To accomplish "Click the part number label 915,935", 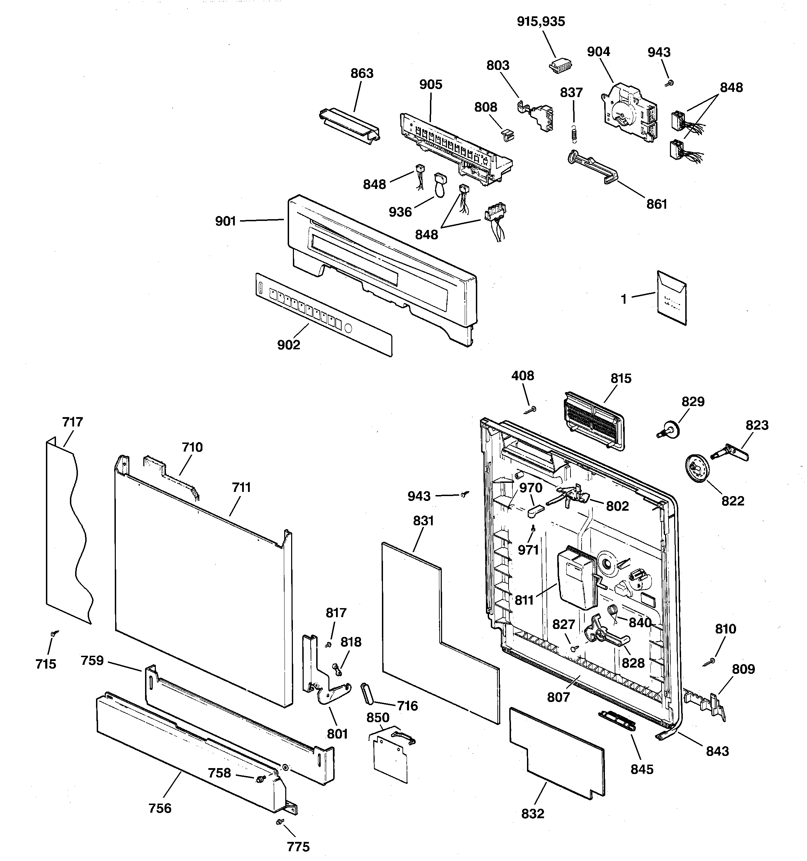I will [541, 22].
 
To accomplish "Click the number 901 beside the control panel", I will [225, 221].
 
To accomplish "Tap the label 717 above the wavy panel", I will [72, 422].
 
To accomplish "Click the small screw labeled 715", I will [53, 633].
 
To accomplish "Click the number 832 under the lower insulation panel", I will [532, 814].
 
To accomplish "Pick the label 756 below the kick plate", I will [160, 808].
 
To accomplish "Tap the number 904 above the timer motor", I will [598, 52].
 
